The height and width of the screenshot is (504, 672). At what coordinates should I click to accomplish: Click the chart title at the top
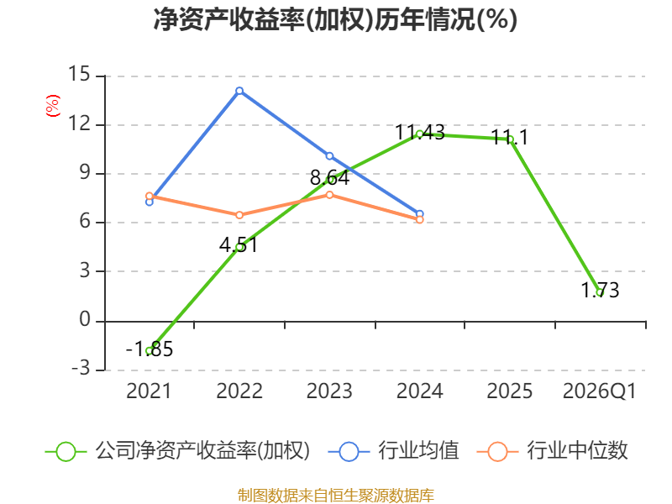pos(335,19)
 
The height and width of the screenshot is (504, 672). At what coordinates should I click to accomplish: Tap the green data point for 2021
pos(150,351)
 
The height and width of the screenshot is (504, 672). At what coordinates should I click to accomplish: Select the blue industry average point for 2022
pos(239,91)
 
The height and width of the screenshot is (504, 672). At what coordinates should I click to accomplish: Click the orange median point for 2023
pos(329,195)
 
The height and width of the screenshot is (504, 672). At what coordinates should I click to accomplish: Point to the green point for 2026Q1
pos(600,292)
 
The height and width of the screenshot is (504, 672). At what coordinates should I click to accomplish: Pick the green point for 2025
pos(510,139)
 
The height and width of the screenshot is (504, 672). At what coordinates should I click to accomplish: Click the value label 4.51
pos(239,245)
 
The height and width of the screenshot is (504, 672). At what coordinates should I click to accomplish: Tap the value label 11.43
pos(420,132)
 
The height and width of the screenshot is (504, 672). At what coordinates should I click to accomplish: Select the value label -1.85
pos(150,349)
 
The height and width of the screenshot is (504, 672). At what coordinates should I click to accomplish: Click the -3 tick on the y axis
pos(81,368)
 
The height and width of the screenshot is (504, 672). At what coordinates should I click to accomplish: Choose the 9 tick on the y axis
pos(85,172)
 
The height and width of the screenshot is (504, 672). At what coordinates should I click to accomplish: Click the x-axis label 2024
pos(419,391)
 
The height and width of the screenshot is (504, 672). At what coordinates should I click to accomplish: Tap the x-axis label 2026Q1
pos(600,391)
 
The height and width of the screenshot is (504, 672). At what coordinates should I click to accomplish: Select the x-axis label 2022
pos(239,391)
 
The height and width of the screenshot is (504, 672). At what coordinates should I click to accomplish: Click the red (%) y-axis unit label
pos(53,106)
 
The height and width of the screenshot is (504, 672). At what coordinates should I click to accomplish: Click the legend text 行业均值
pos(418,451)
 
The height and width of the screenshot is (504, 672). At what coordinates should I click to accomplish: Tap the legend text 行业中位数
pos(577,451)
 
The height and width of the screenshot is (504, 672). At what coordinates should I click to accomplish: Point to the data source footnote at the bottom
pos(336,496)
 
